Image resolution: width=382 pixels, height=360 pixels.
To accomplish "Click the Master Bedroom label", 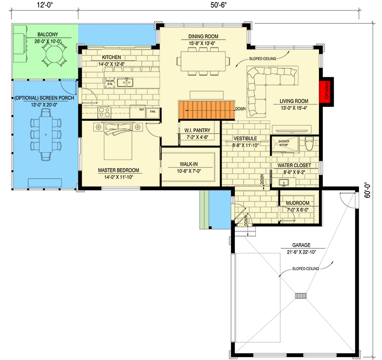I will pyautogui.click(x=118, y=170).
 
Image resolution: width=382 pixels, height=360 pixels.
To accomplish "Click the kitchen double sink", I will pyautogui.click(x=126, y=83).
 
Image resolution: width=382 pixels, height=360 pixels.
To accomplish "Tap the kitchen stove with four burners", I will pyautogui.click(x=104, y=113).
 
